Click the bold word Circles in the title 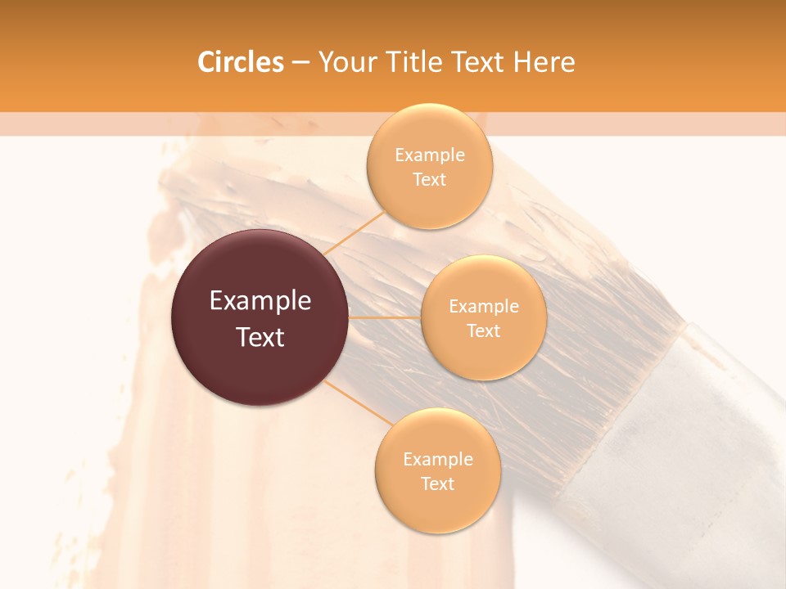(241, 62)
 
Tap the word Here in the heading (544, 62)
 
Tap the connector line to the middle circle (385, 317)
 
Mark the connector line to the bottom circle (358, 403)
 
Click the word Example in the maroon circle (260, 301)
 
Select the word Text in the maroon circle (260, 337)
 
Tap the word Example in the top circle (430, 155)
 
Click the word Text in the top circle (430, 180)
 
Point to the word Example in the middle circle (484, 307)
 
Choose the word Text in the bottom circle (437, 483)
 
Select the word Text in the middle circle (484, 331)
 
